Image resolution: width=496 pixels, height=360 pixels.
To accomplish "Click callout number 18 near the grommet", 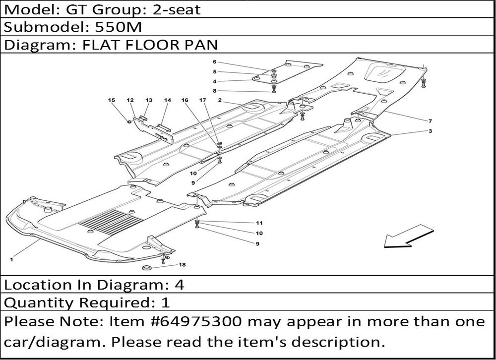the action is [182, 265].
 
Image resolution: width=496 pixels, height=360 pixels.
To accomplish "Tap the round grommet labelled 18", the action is [146, 268].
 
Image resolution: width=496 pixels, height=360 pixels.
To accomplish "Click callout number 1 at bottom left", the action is [11, 260].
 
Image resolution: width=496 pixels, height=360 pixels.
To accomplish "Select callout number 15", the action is [111, 100].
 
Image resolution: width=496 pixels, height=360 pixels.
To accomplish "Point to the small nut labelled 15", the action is [129, 121].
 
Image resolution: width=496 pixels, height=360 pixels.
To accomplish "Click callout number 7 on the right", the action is [430, 121].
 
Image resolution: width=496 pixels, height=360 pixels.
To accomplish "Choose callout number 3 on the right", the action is [430, 131].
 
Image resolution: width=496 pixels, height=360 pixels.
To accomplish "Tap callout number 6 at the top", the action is [214, 62].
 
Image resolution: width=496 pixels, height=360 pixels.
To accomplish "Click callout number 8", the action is [214, 91].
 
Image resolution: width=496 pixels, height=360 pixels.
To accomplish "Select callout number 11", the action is [259, 223].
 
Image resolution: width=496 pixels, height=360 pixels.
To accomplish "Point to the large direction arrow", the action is [408, 237].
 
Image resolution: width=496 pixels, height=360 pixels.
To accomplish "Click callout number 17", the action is [202, 100].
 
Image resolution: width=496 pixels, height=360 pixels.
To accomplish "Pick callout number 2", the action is [220, 100].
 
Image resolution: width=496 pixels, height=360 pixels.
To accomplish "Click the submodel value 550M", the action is [119, 27].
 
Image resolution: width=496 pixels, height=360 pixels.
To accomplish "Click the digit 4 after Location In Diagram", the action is [179, 285].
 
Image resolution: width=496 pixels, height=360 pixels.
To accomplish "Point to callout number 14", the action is [167, 100].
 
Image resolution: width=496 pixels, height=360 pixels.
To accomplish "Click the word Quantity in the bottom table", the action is [40, 303].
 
